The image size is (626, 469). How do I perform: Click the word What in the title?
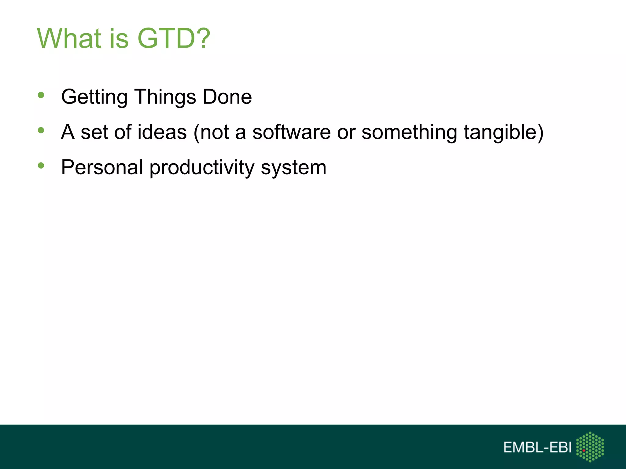tap(69, 38)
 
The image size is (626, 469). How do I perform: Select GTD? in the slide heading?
tap(174, 38)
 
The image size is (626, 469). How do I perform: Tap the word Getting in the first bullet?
tap(94, 97)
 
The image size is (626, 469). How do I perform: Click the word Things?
tap(165, 97)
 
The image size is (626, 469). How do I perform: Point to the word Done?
tap(227, 97)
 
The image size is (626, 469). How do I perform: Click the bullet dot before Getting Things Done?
tap(41, 95)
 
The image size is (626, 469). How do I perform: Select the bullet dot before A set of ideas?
tap(41, 131)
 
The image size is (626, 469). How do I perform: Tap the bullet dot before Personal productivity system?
tap(41, 166)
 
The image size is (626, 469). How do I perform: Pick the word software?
tap(291, 132)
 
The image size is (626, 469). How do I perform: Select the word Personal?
tap(102, 168)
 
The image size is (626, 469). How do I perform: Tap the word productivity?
tap(202, 168)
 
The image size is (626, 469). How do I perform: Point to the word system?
tap(294, 168)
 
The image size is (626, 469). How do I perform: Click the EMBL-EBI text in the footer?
tap(537, 448)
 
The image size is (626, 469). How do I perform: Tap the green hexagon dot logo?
tap(590, 447)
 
